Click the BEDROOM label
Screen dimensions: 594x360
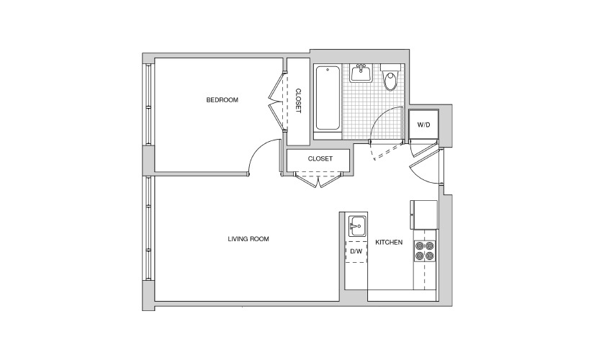[222, 100]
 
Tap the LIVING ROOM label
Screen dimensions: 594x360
[248, 239]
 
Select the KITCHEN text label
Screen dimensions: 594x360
[389, 242]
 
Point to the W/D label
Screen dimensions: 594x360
[423, 125]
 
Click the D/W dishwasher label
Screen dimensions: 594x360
[356, 251]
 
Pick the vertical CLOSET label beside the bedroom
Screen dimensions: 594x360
[298, 101]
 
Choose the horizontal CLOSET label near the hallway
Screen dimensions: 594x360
[320, 159]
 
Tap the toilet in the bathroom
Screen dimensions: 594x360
[390, 77]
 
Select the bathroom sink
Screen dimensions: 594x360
[361, 73]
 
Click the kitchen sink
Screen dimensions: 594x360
[357, 226]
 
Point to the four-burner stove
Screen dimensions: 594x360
[424, 251]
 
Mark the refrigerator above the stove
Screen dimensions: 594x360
[423, 215]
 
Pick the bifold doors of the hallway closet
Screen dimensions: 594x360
[318, 179]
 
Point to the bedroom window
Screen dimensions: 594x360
[148, 104]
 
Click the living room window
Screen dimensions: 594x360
[148, 228]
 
